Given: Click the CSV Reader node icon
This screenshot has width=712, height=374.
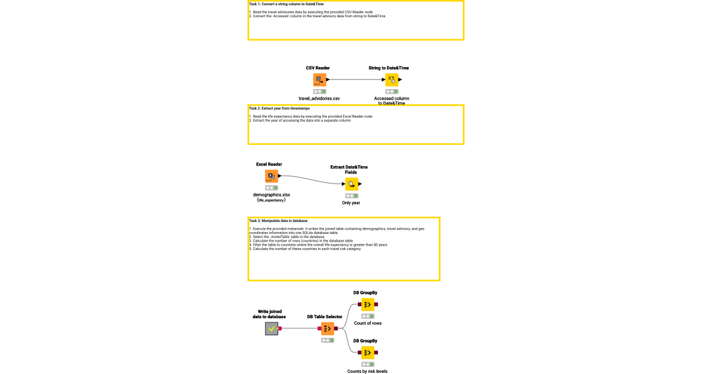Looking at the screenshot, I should pos(319,80).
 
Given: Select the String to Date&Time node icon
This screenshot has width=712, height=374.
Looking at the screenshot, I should pos(392,80).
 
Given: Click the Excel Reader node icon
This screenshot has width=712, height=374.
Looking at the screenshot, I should pos(271,176).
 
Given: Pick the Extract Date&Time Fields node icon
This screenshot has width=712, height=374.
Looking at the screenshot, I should pos(351,184).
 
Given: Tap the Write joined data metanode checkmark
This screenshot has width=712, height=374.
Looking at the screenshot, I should pos(271,328).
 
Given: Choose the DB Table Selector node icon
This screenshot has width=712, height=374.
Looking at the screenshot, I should pos(328,328).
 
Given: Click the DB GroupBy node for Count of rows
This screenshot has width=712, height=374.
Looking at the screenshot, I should pos(368,305).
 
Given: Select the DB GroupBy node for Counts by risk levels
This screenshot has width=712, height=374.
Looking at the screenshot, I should pos(368,353).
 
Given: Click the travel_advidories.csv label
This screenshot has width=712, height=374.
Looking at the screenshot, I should pos(319,98).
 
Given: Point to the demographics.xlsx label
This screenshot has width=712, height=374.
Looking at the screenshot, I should pos(271,194).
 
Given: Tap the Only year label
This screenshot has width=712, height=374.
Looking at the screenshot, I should pos(351,202).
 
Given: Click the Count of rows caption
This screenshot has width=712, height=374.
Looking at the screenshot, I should pos(368,323).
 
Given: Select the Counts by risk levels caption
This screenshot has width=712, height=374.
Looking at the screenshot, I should pos(367,371).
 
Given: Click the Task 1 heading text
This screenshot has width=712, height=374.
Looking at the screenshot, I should pos(278,4).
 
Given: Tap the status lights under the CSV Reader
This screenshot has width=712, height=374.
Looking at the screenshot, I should pos(319,91).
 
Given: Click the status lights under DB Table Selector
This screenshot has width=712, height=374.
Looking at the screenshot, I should pos(328,340).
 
